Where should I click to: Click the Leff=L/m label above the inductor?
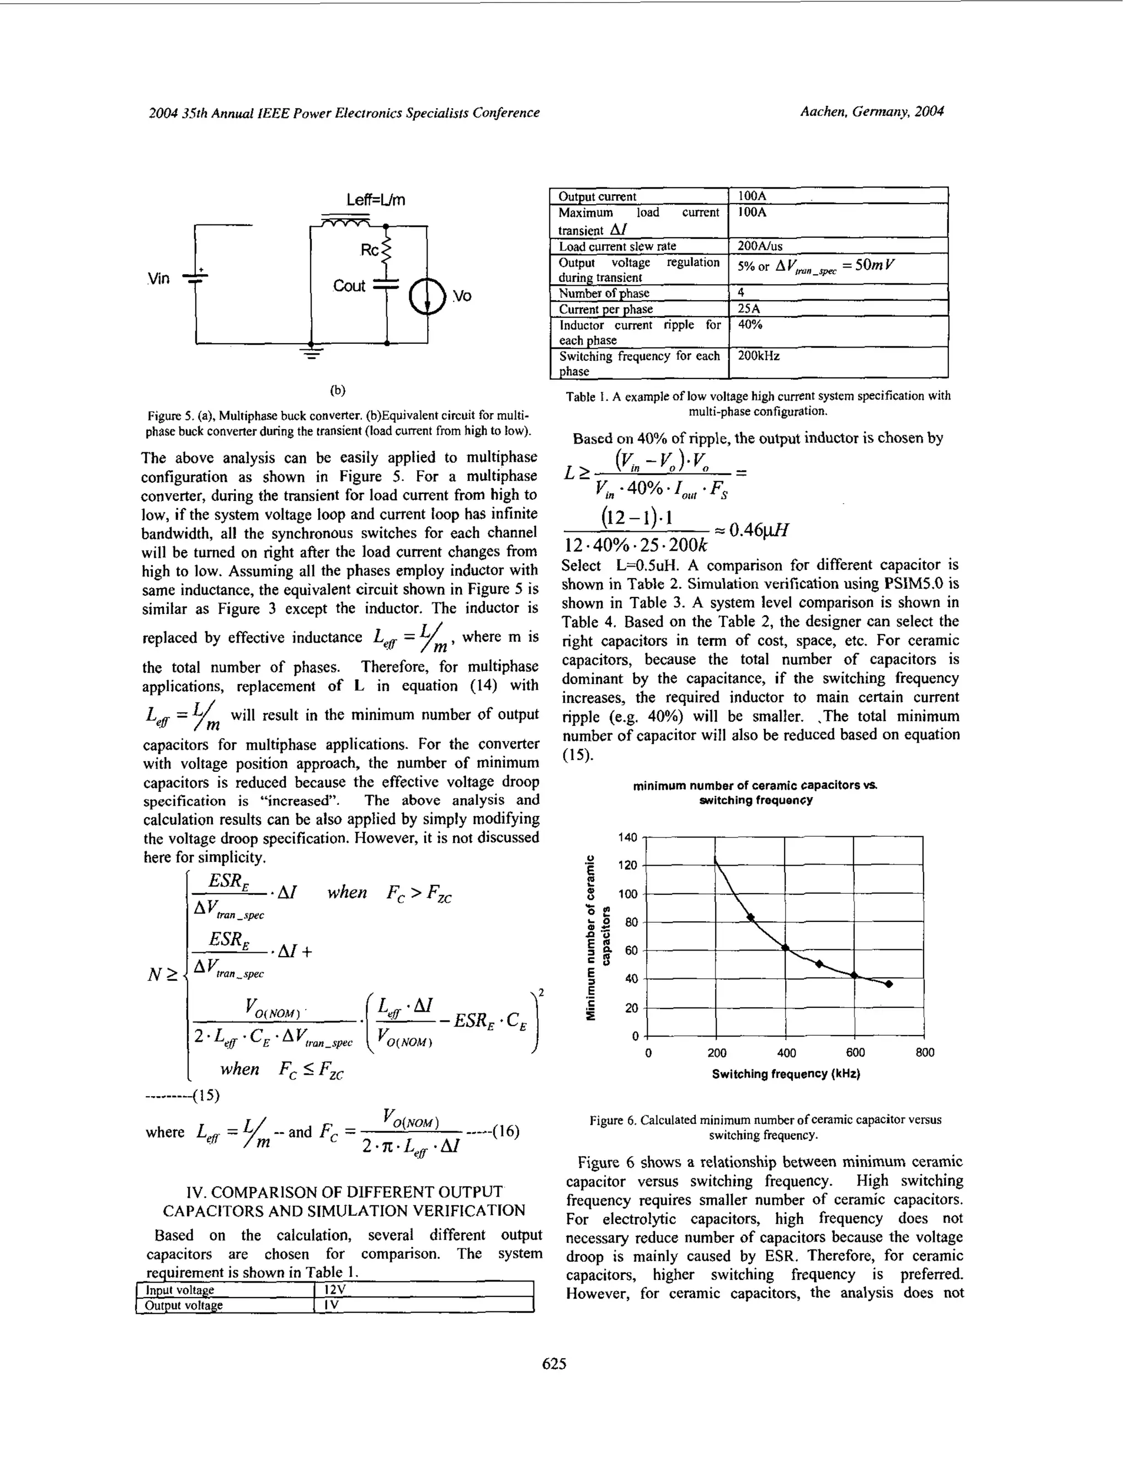click(x=376, y=200)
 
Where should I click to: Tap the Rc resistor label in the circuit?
click(x=369, y=250)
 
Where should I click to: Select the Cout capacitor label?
click(x=349, y=286)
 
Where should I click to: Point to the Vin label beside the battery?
click(x=158, y=279)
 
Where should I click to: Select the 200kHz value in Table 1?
click(x=759, y=356)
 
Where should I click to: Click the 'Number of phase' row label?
click(x=604, y=293)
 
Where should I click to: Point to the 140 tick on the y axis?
click(x=628, y=837)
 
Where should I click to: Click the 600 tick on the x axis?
click(x=855, y=1053)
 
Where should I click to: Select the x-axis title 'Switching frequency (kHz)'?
click(x=786, y=1074)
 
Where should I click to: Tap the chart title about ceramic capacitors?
click(x=755, y=793)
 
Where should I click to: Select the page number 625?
click(x=555, y=1364)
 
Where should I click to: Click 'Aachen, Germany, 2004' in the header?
click(x=872, y=112)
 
